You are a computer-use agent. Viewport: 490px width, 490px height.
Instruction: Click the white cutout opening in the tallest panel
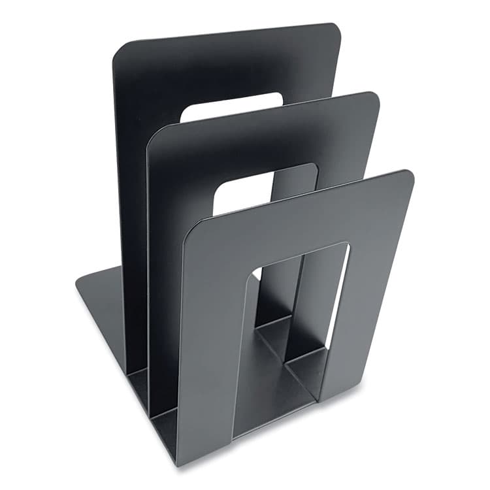point(232,107)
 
